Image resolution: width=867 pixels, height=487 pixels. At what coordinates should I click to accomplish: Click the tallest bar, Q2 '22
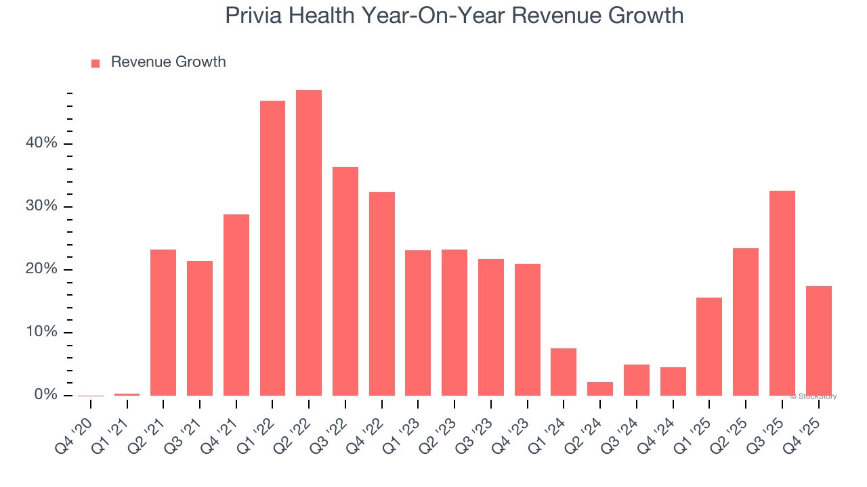[309, 243]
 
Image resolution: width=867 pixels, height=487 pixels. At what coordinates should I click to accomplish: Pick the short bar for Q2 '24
[600, 389]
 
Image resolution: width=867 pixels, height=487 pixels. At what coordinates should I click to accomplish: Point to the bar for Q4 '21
[236, 305]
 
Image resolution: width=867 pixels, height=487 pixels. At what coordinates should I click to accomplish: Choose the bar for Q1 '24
[564, 372]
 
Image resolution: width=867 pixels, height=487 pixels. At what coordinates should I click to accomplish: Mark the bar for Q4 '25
[818, 341]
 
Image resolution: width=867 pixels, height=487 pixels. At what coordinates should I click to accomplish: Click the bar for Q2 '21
[163, 323]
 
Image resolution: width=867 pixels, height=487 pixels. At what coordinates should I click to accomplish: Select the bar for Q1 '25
[709, 346]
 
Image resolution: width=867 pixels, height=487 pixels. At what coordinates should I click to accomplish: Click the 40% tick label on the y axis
[42, 143]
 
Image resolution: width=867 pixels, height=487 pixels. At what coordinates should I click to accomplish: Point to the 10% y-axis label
[42, 332]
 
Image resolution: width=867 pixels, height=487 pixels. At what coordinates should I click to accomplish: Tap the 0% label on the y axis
[45, 395]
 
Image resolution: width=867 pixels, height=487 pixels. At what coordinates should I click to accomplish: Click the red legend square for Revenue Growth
[96, 63]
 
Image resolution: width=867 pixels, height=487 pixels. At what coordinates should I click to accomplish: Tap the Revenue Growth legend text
[168, 62]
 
